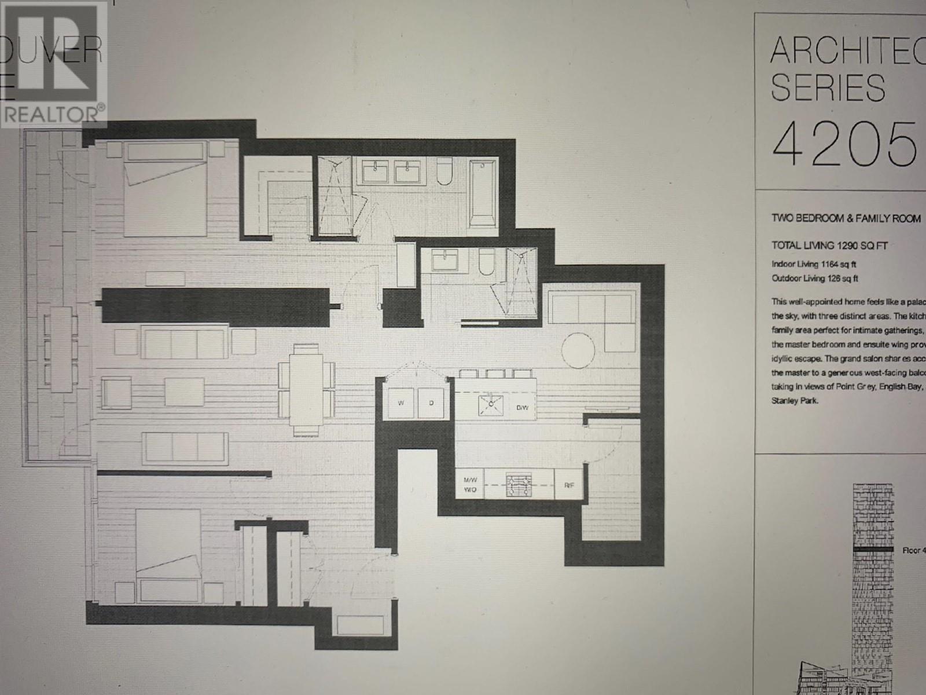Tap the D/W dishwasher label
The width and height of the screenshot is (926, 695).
(x=522, y=408)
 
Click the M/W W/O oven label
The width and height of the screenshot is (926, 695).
(x=469, y=485)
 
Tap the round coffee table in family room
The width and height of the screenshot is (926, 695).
(x=578, y=349)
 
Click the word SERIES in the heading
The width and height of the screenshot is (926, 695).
(x=828, y=88)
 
